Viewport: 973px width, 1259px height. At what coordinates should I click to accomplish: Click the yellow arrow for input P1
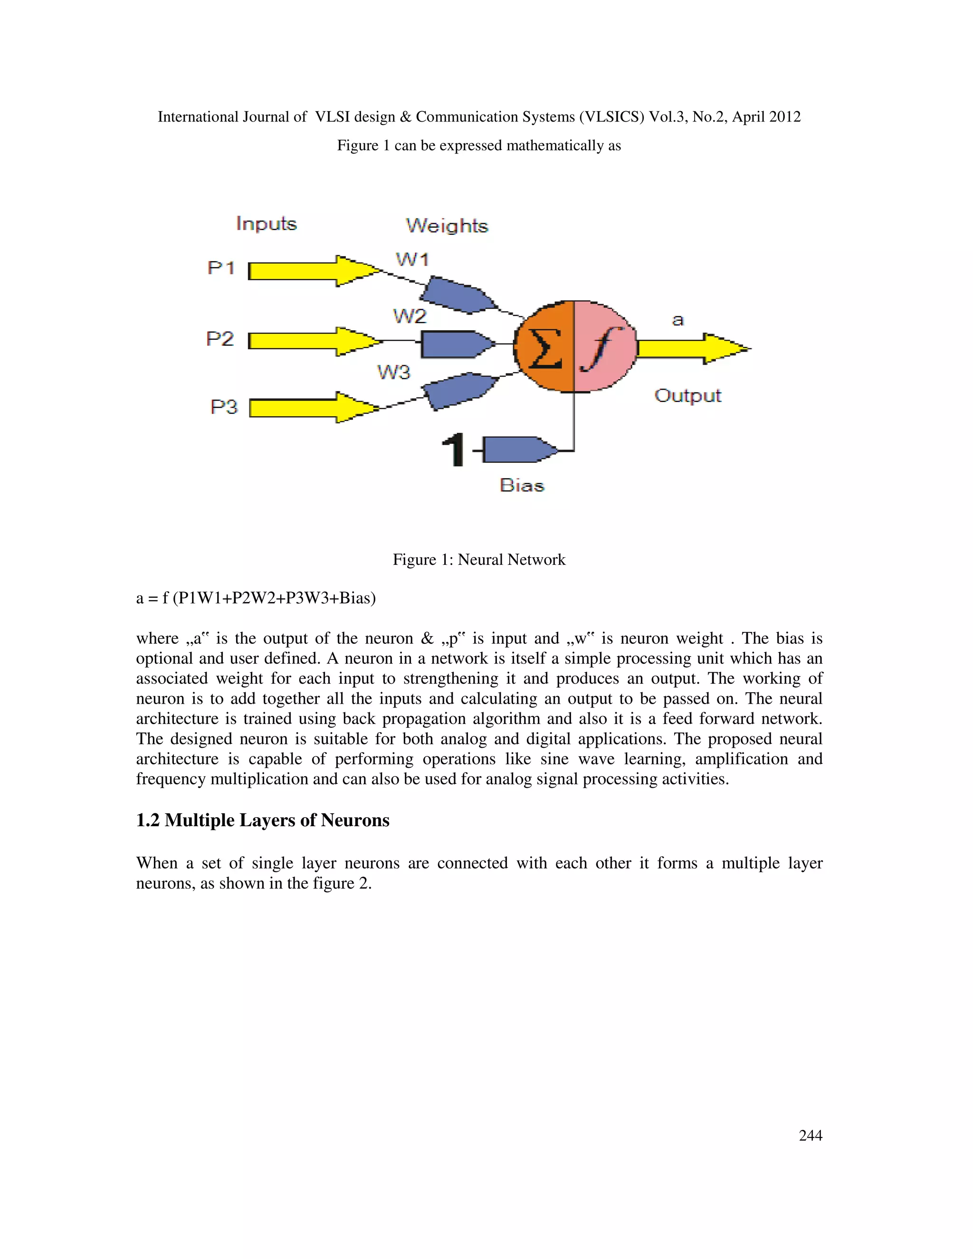click(311, 270)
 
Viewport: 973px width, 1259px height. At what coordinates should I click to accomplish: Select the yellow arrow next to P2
click(311, 341)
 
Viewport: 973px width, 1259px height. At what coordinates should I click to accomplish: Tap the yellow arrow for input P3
click(311, 408)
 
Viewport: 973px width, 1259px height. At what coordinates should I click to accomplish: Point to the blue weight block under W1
click(457, 295)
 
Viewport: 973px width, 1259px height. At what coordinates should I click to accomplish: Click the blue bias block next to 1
click(519, 449)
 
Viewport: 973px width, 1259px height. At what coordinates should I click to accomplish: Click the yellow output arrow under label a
click(692, 348)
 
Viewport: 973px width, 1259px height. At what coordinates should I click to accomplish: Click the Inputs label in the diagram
click(267, 224)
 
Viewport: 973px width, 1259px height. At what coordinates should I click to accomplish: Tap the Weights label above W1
click(447, 225)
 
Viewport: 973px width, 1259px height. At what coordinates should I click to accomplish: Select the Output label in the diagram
click(687, 396)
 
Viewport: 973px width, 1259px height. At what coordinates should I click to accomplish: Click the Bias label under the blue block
click(522, 486)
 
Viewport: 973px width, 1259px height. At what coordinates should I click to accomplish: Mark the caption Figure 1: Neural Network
click(479, 560)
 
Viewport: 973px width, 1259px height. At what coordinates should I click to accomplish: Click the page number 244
click(811, 1135)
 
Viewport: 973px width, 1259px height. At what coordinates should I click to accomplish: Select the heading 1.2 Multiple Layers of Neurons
click(263, 820)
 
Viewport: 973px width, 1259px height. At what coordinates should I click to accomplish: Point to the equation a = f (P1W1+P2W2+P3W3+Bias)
click(256, 598)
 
